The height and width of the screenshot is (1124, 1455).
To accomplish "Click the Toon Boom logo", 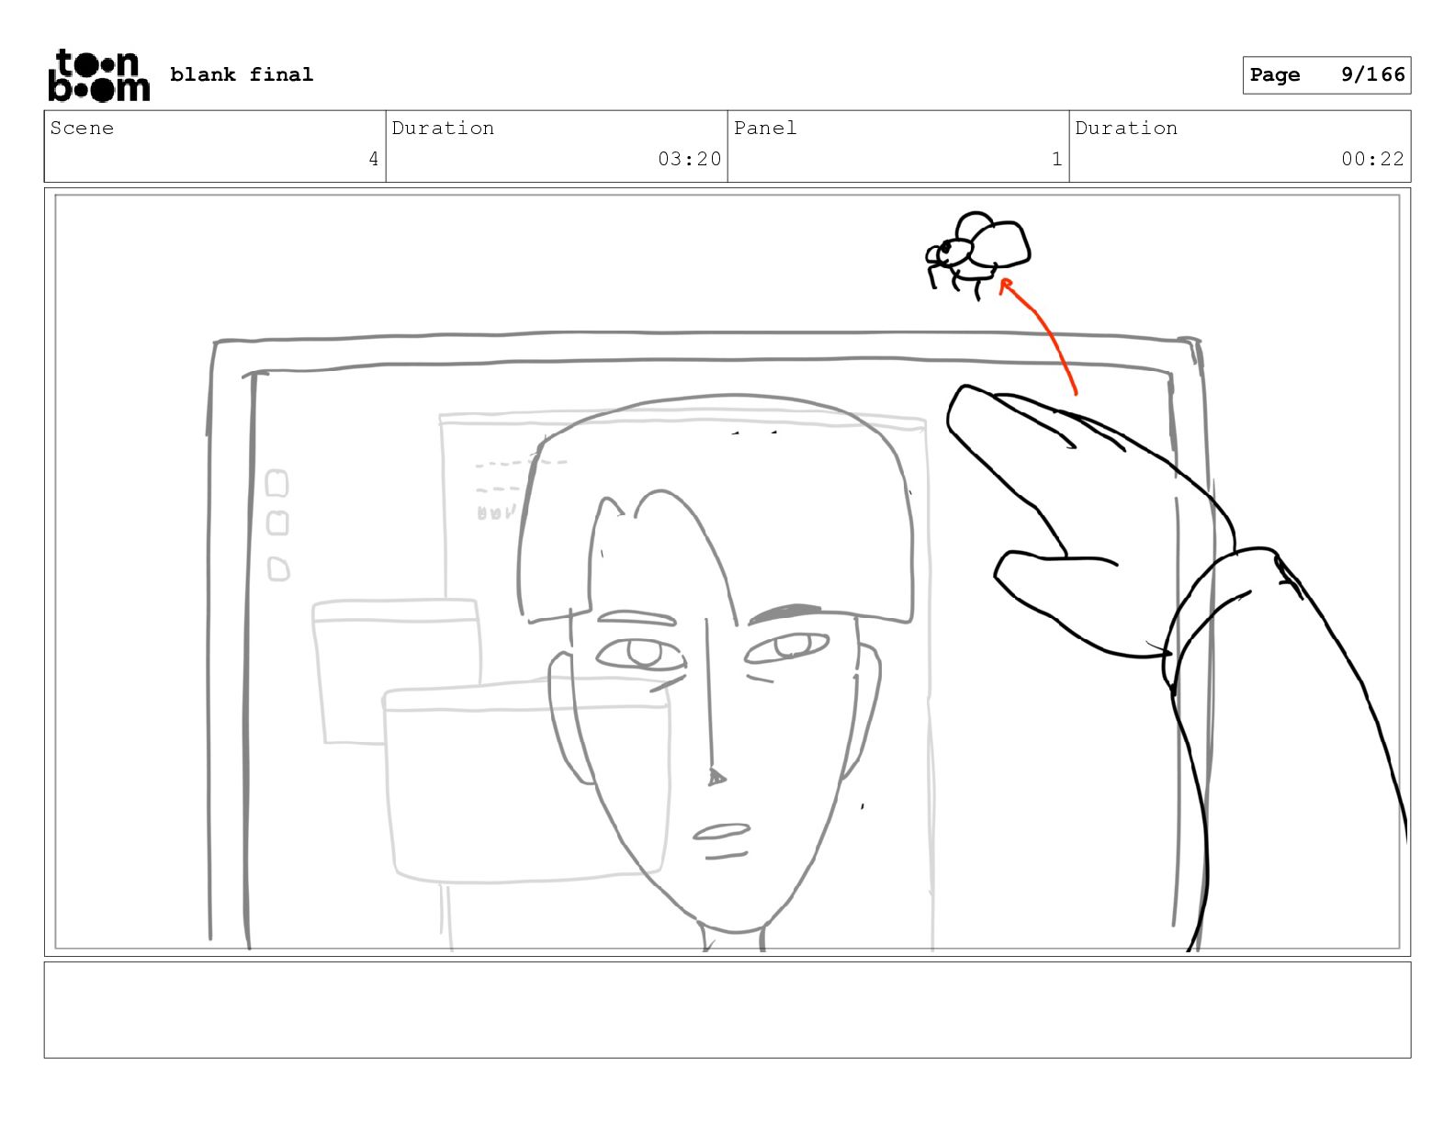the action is point(99,75).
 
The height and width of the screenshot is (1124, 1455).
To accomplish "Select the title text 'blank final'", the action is point(241,74).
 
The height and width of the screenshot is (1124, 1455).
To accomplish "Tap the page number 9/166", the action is point(1372,74).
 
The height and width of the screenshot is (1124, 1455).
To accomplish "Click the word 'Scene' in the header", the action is point(82,128).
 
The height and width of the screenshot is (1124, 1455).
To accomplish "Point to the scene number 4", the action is point(374,159).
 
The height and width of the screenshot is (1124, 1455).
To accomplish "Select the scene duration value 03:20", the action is point(689,159).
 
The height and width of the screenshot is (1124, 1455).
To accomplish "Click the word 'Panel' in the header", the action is point(764,128).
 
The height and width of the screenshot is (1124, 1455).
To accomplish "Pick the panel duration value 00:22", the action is point(1372,159).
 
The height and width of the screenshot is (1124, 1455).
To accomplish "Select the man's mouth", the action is point(721,840).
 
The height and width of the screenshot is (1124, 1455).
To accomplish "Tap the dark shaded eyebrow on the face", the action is point(784,613).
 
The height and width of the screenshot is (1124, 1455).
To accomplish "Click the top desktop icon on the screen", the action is point(276,483).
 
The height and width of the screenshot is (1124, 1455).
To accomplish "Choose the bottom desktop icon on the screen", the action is point(278,569).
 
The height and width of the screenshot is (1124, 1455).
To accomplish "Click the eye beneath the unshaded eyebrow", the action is point(641,653).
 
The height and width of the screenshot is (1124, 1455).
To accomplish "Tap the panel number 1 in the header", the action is point(1056,159).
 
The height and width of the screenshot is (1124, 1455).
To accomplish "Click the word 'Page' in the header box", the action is point(1275,74).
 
